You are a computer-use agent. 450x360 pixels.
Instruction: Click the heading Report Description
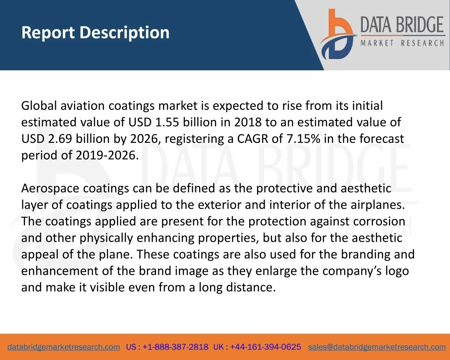[95, 33]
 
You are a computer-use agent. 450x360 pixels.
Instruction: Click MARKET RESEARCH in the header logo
[403, 43]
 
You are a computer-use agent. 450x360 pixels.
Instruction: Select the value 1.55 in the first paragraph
[167, 122]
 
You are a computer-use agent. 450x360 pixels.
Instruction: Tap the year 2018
[248, 122]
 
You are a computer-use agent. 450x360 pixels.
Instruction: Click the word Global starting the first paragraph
[39, 105]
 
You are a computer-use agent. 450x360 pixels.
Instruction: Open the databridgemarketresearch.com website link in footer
[64, 347]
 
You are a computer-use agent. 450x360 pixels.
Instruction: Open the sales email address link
[377, 347]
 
